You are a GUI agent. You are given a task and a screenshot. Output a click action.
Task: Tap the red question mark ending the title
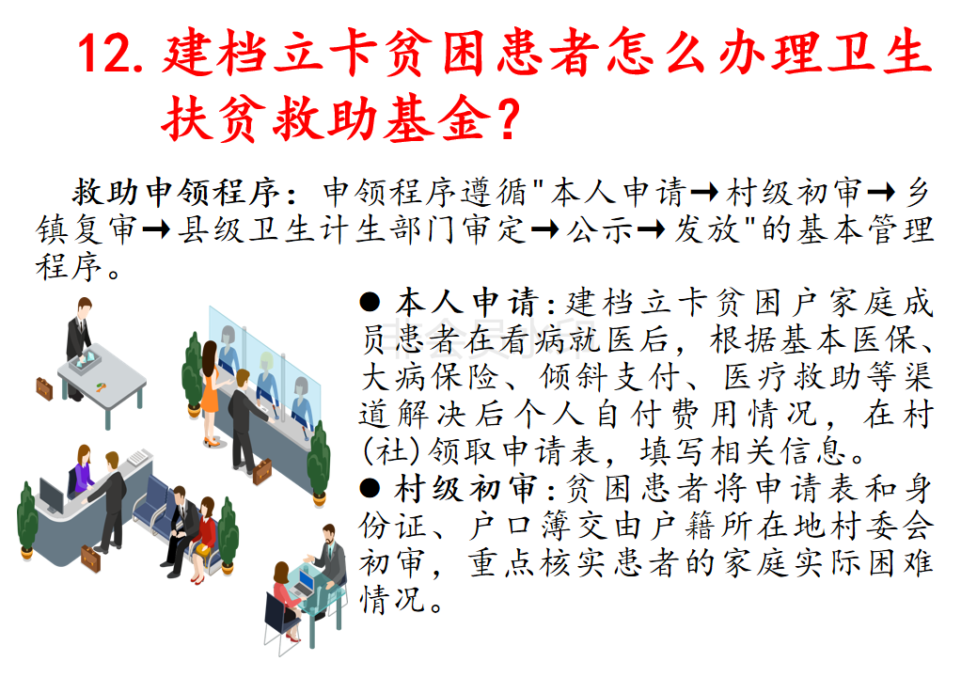point(509,118)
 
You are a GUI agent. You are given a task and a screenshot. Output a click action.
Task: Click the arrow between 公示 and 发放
point(651,229)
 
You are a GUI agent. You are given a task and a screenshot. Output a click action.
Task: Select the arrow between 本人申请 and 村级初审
point(704,193)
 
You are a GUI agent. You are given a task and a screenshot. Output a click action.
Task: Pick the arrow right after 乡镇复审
point(156,229)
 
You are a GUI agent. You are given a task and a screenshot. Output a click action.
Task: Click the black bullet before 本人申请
point(370,303)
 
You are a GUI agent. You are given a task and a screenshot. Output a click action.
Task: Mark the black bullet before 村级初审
point(370,488)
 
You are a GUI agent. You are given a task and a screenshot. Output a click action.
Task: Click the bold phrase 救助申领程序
point(177,192)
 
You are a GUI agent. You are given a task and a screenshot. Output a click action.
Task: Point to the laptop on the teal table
point(305,582)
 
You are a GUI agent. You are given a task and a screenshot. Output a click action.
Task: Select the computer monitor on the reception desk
point(52,496)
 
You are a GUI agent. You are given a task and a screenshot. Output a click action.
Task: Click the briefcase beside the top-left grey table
point(44,388)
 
